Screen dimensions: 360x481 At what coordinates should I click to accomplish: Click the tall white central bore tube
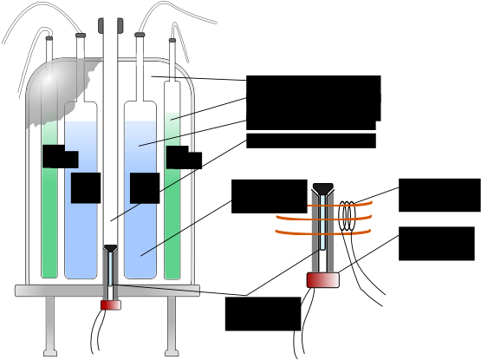pyautogui.click(x=110, y=130)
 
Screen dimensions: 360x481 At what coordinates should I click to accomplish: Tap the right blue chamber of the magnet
pyautogui.click(x=140, y=234)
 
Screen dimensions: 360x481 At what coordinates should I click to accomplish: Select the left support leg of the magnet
pyautogui.click(x=50, y=325)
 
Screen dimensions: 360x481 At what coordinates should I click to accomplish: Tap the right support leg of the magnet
pyautogui.click(x=172, y=325)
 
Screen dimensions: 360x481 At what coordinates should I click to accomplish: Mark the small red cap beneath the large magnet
pyautogui.click(x=110, y=304)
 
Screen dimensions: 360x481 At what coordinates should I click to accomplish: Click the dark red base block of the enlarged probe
pyautogui.click(x=322, y=280)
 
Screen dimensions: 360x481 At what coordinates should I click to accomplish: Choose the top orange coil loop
pyautogui.click(x=342, y=205)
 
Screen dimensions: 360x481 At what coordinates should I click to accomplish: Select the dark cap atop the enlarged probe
pyautogui.click(x=322, y=189)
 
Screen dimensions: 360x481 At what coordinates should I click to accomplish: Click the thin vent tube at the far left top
pyautogui.click(x=49, y=49)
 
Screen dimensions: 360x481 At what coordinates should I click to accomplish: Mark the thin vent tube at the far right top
pyautogui.click(x=172, y=59)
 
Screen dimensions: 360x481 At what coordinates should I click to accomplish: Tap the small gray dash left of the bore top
pyautogui.click(x=81, y=36)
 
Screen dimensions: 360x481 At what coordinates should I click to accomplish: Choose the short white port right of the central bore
pyautogui.click(x=140, y=59)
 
